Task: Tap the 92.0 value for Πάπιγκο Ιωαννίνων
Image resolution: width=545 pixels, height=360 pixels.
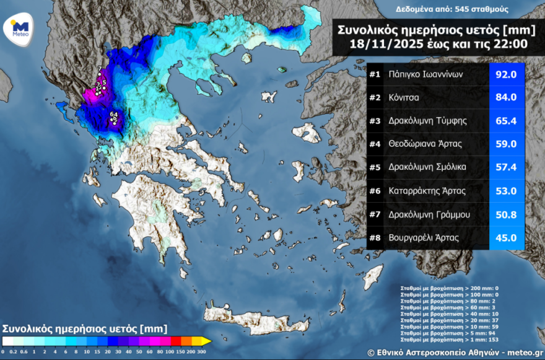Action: click(x=507, y=74)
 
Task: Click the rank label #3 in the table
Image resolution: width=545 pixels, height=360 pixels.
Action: click(x=374, y=120)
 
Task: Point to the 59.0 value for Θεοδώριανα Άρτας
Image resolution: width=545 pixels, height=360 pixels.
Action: click(x=507, y=144)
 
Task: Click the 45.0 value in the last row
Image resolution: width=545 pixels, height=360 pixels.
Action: click(x=507, y=237)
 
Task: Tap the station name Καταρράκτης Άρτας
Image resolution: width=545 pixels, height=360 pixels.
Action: click(x=426, y=191)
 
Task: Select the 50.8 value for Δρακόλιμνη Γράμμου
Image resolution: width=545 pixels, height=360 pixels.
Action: click(x=507, y=214)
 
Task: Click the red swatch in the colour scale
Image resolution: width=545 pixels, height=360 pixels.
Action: click(x=176, y=341)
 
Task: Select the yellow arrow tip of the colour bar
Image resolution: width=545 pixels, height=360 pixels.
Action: click(x=207, y=341)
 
